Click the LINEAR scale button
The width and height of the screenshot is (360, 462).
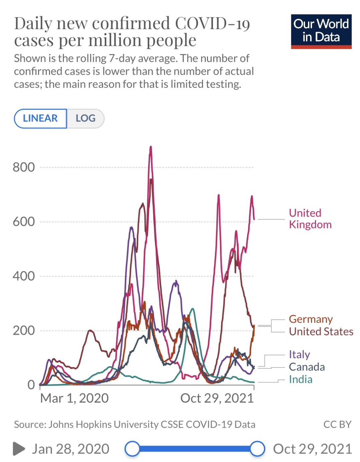click(x=40, y=118)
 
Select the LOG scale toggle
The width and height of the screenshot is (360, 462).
click(x=85, y=118)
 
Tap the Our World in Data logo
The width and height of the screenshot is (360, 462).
click(x=321, y=31)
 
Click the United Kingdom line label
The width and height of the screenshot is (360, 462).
click(x=310, y=219)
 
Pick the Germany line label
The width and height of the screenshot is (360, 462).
click(x=311, y=319)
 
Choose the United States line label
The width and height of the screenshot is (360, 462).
click(x=321, y=332)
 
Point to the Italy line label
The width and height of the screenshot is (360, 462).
click(x=299, y=354)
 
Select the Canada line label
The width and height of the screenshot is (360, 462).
click(x=307, y=367)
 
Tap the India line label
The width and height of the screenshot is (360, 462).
click(x=300, y=380)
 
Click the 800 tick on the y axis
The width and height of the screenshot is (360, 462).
click(x=24, y=167)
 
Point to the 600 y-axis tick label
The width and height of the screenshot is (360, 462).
click(x=24, y=221)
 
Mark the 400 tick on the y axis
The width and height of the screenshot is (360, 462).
click(x=24, y=276)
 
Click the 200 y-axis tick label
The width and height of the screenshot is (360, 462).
click(x=24, y=331)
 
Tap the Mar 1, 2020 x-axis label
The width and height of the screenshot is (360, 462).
click(x=74, y=398)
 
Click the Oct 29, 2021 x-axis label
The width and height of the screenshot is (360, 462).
click(x=217, y=398)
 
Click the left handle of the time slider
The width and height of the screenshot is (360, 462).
click(x=132, y=449)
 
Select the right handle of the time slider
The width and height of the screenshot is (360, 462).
click(x=257, y=449)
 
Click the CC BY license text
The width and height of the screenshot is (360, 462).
click(x=337, y=424)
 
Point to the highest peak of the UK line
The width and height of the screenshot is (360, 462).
click(x=151, y=147)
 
